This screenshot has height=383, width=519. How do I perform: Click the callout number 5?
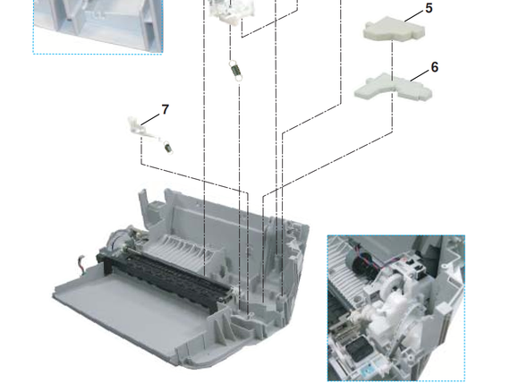coord(429,8)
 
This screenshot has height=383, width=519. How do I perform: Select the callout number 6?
coord(435,67)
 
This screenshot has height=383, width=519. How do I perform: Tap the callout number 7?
coord(166,109)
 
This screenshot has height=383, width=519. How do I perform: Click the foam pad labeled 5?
coord(394,29)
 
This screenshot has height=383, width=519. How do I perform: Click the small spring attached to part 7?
coord(168,148)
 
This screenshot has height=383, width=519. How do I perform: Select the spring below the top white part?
coord(235,70)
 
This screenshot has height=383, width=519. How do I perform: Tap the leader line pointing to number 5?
coord(413,16)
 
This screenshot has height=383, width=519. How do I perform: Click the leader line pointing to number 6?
coord(420,75)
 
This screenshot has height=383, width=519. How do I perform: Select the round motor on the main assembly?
coord(115,239)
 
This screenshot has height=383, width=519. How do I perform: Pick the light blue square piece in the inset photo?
coord(368,371)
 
